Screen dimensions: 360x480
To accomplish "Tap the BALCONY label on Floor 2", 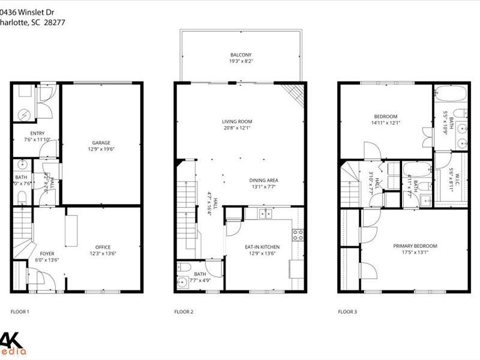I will [241, 54].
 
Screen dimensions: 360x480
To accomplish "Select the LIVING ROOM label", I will [236, 121].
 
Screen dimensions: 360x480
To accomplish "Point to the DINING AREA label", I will [263, 180].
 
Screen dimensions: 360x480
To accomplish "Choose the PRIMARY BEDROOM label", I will [415, 246].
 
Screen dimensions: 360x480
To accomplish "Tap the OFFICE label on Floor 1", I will [103, 247].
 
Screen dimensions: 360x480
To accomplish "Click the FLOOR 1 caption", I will [20, 311].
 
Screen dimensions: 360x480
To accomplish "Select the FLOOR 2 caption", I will [184, 311].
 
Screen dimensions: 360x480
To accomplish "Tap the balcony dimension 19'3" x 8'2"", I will [241, 61].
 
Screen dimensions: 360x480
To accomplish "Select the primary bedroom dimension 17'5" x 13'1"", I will [415, 253].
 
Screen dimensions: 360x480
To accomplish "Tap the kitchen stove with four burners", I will [298, 235].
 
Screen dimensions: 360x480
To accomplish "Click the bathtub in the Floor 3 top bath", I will [451, 95].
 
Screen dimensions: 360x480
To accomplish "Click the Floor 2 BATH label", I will [200, 274].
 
